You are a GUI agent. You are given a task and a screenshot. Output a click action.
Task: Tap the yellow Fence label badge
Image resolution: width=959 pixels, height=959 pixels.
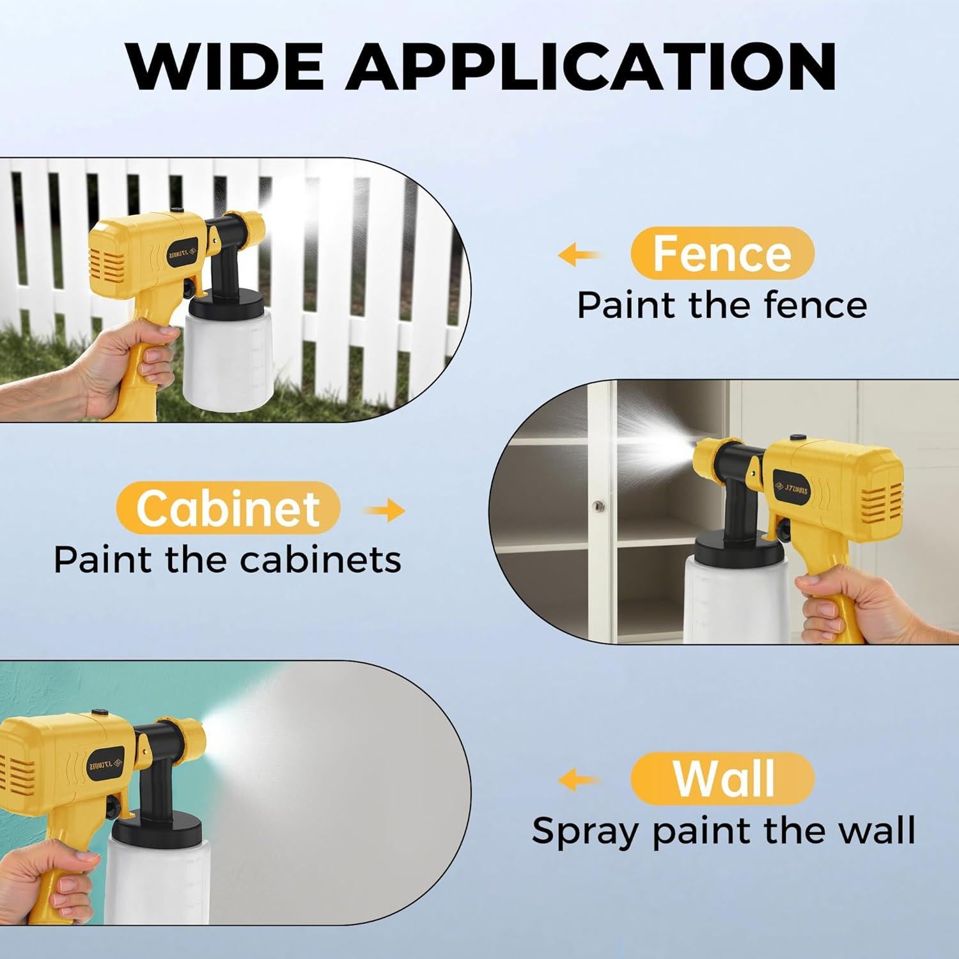click(x=722, y=254)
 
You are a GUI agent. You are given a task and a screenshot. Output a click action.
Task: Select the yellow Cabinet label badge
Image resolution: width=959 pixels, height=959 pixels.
click(x=228, y=508)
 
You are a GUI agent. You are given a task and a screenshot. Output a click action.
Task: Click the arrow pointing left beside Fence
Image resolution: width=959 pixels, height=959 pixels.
click(x=579, y=256)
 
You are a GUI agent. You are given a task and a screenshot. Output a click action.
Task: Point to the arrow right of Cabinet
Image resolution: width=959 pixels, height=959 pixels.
click(x=384, y=510)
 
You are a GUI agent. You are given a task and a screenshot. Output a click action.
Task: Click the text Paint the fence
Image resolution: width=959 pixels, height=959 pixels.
click(x=722, y=305)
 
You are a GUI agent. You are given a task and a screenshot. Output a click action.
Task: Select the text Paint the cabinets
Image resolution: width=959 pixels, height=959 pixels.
click(x=228, y=559)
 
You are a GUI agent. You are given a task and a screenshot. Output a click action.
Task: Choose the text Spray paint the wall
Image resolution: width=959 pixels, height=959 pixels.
click(x=723, y=830)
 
